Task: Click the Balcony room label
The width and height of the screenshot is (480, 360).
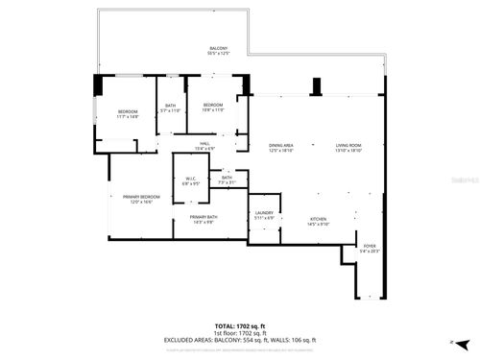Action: pyautogui.click(x=219, y=51)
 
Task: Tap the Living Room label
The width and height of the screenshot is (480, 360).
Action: pyautogui.click(x=348, y=148)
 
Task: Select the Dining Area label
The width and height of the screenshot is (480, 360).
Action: pyautogui.click(x=280, y=148)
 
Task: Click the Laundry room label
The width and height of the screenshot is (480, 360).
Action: pyautogui.click(x=264, y=215)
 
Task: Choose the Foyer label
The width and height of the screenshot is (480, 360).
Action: pyautogui.click(x=370, y=249)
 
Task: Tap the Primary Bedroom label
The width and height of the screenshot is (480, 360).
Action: pyautogui.click(x=142, y=200)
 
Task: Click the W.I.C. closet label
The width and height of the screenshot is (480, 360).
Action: pyautogui.click(x=190, y=180)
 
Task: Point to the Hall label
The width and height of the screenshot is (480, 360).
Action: pyautogui.click(x=204, y=146)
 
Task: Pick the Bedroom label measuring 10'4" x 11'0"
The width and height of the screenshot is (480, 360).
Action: pyautogui.click(x=212, y=107)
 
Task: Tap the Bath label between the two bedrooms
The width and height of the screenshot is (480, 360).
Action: pyautogui.click(x=171, y=108)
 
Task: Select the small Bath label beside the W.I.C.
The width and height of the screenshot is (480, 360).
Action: pyautogui.click(x=227, y=180)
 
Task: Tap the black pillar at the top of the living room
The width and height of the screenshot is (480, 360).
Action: pyautogui.click(x=316, y=85)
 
